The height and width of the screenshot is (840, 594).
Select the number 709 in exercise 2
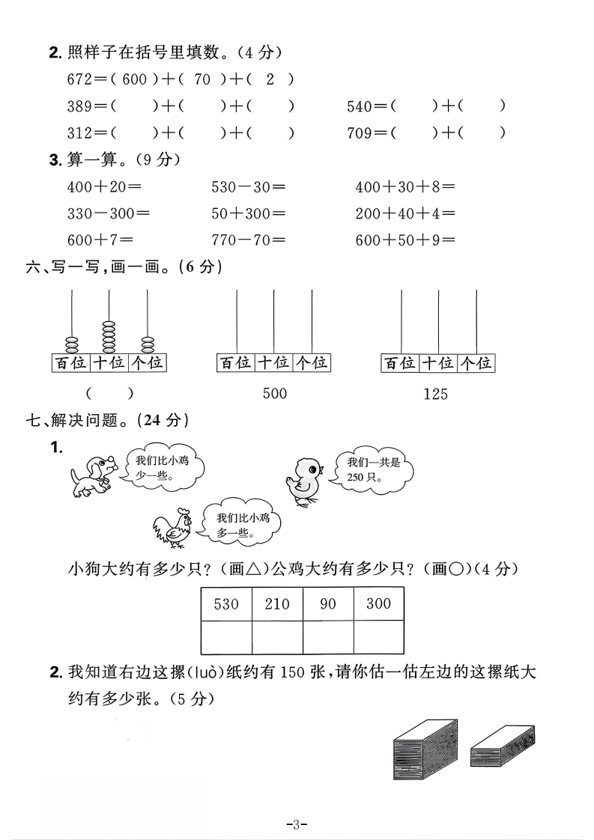point(360,133)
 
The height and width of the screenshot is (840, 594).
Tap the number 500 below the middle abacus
point(274,393)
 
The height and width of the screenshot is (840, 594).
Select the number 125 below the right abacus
point(435,393)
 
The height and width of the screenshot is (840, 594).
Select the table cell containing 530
point(226,603)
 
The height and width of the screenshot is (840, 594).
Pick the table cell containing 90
point(328,603)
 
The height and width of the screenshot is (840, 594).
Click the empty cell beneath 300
point(378,637)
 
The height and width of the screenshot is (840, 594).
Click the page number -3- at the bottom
point(297,825)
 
